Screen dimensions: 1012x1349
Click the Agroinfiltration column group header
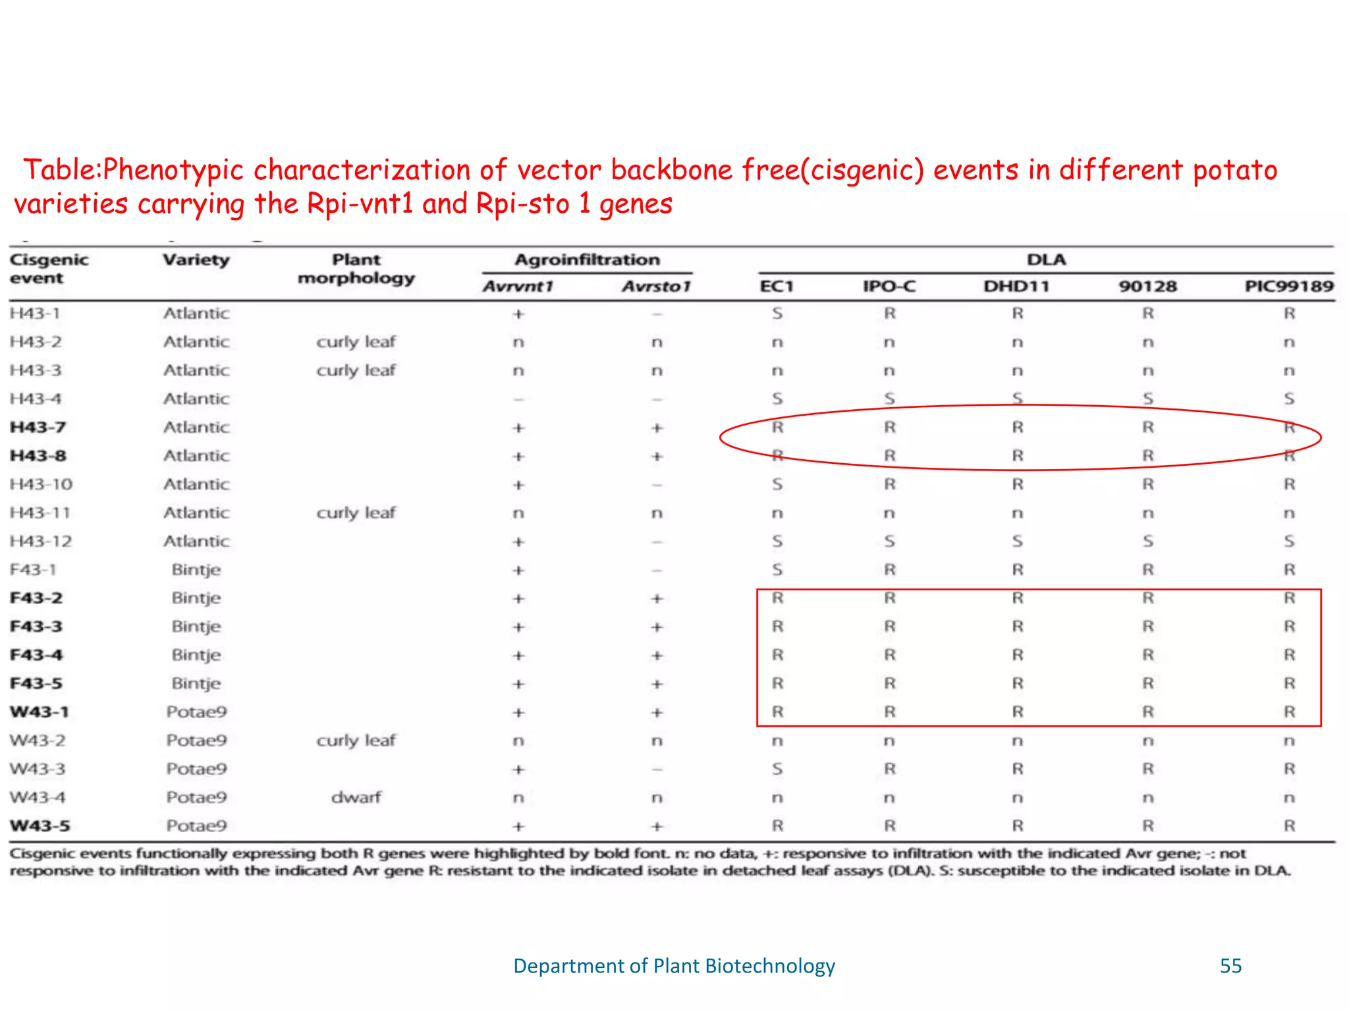[x=587, y=260]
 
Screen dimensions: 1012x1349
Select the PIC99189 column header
[x=1288, y=286]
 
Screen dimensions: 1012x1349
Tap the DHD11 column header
[x=1016, y=286]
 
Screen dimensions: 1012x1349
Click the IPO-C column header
[x=889, y=286]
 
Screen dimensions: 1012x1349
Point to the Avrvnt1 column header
[x=518, y=286]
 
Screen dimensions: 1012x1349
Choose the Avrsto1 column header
[x=656, y=286]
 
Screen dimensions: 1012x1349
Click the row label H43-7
[x=38, y=427]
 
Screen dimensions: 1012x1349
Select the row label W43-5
[x=40, y=826]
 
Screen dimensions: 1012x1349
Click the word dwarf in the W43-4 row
[x=356, y=797]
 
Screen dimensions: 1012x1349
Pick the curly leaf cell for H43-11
[x=356, y=513]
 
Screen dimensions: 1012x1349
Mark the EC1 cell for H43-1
[x=777, y=314]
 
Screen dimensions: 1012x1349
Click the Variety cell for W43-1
[x=196, y=712]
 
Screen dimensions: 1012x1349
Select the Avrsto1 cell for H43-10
[x=656, y=485]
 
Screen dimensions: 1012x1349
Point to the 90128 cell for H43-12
[x=1147, y=541]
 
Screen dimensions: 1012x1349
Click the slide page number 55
[x=1230, y=966]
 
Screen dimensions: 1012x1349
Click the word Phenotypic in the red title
[x=173, y=170]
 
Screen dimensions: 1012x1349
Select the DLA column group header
[x=1046, y=260]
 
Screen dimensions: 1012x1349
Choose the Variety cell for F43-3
[x=196, y=626]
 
